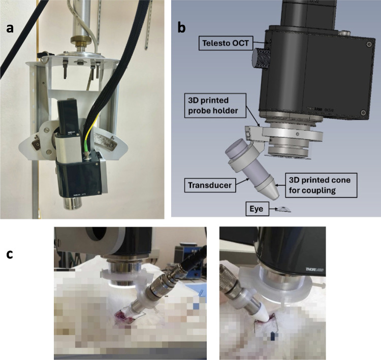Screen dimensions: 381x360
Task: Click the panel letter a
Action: click(x=10, y=28)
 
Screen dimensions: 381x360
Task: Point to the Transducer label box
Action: click(x=210, y=185)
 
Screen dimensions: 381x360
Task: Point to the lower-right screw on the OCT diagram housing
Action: click(x=362, y=112)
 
